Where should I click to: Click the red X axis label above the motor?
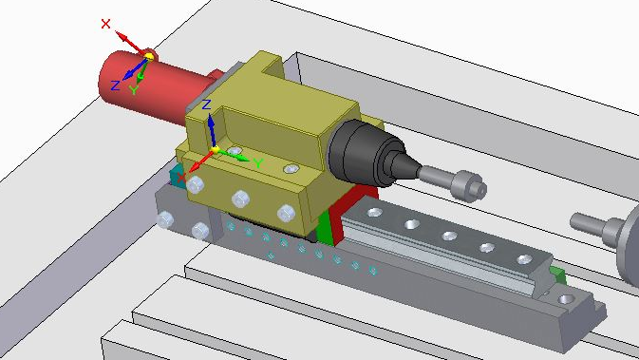point(105,24)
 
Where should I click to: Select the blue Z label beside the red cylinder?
point(115,85)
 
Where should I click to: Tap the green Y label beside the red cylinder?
point(134,89)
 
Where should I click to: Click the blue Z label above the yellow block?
point(207,104)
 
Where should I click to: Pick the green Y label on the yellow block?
point(258,163)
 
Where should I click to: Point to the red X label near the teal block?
point(181,177)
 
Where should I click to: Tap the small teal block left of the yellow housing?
point(176,176)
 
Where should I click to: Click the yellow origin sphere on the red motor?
point(149,57)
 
